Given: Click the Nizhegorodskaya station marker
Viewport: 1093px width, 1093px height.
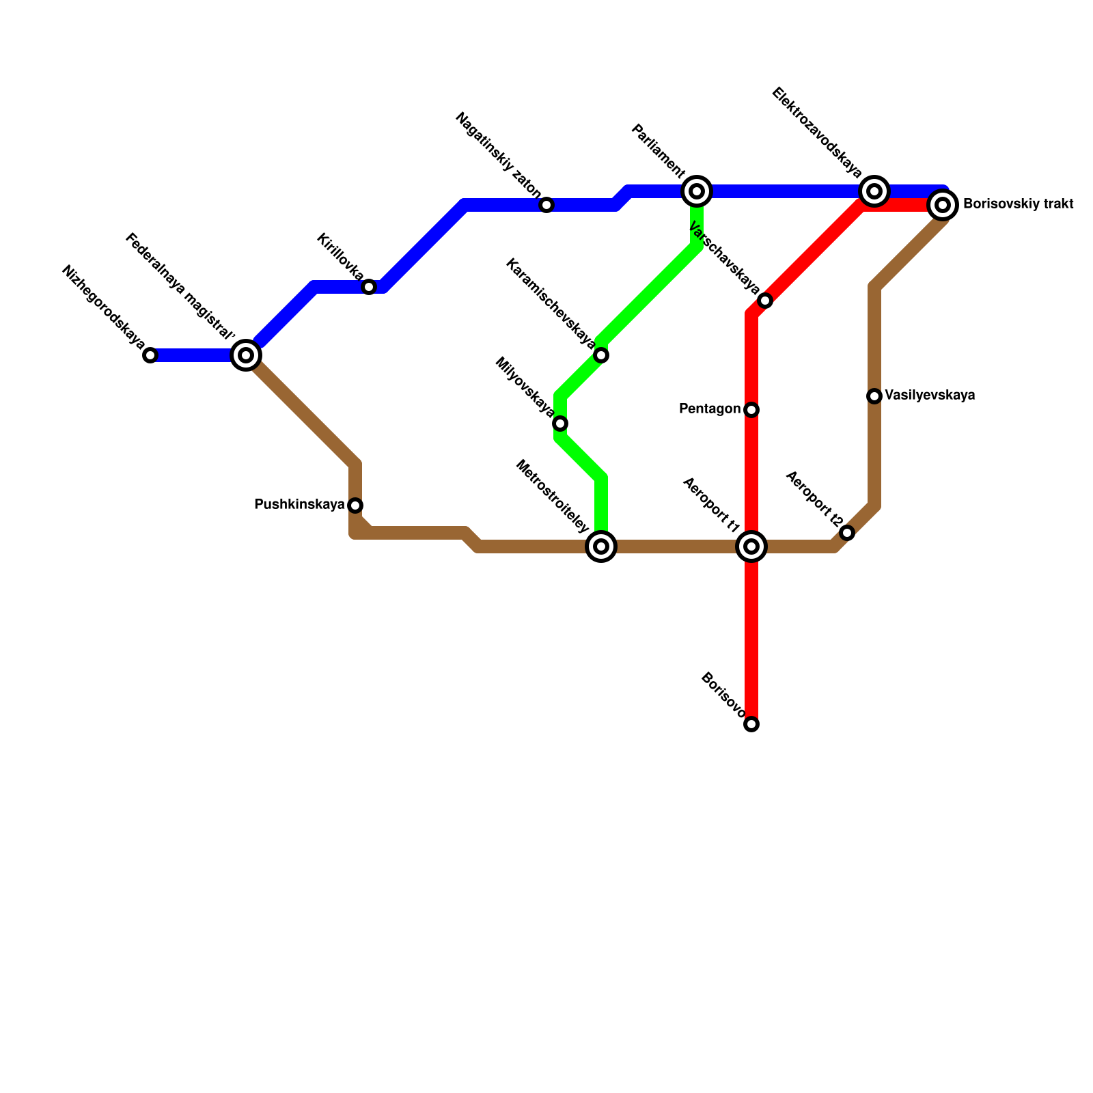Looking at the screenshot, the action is pyautogui.click(x=150, y=355).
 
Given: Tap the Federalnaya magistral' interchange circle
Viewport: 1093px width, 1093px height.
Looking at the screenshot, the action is pyautogui.click(x=246, y=355).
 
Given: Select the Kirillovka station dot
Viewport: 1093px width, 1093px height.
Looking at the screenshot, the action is pyautogui.click(x=369, y=287).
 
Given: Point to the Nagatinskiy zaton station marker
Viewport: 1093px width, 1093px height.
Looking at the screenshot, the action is pyautogui.click(x=546, y=205).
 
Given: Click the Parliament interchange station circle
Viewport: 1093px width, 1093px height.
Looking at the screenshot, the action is pyautogui.click(x=697, y=191).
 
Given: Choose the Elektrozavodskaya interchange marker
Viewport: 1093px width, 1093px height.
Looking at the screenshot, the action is pyautogui.click(x=874, y=191).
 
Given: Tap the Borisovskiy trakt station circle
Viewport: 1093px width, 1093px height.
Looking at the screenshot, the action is pyautogui.click(x=943, y=205).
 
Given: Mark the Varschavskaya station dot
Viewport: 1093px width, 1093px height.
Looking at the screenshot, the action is pyautogui.click(x=765, y=301).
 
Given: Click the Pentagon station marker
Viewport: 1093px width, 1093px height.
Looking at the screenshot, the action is pyautogui.click(x=751, y=410).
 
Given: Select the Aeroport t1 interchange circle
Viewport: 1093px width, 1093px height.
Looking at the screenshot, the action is pyautogui.click(x=751, y=546).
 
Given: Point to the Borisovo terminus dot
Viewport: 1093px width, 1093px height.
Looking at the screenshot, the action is pyautogui.click(x=751, y=724).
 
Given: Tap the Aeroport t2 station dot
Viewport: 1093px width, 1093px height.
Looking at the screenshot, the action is pyautogui.click(x=847, y=533).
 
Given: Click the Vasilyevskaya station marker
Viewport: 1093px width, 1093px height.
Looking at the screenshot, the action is pyautogui.click(x=874, y=396).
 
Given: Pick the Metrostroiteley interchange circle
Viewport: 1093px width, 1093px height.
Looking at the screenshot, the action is pyautogui.click(x=601, y=546).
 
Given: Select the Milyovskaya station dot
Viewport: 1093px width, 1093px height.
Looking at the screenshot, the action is pyautogui.click(x=560, y=424).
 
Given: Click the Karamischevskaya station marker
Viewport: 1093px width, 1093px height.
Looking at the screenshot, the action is pyautogui.click(x=601, y=355).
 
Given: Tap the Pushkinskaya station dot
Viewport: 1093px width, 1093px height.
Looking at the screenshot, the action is pyautogui.click(x=355, y=506).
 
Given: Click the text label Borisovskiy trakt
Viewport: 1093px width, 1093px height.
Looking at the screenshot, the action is pyautogui.click(x=1018, y=204).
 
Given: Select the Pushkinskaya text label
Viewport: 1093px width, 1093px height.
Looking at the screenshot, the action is pyautogui.click(x=299, y=505).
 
